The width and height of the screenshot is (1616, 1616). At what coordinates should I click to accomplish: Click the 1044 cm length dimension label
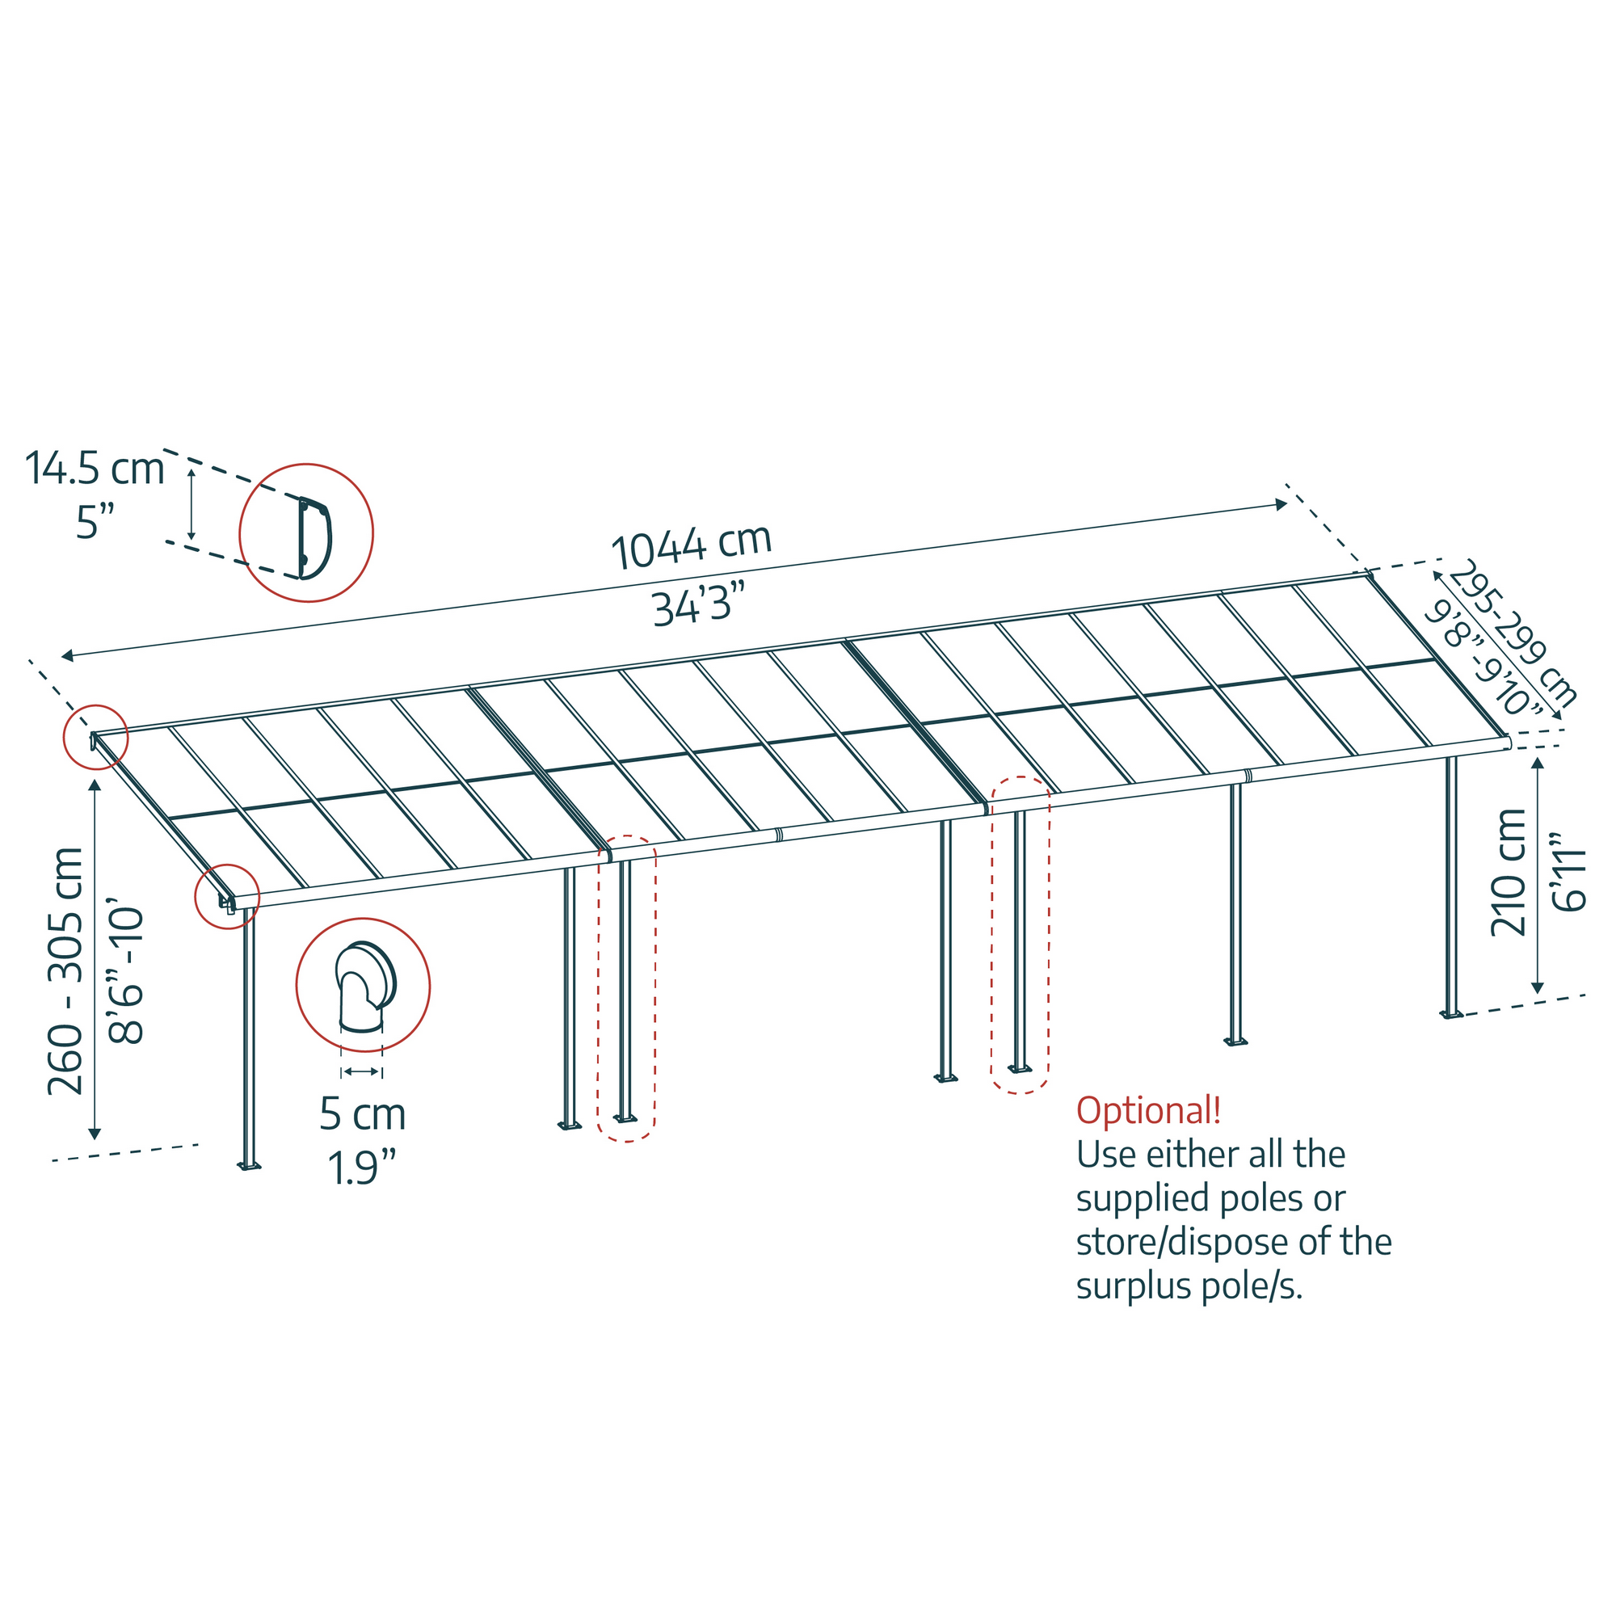point(691,547)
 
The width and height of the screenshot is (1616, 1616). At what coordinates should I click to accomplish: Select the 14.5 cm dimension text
point(95,468)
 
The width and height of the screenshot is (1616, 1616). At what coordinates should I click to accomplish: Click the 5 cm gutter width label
point(362,1115)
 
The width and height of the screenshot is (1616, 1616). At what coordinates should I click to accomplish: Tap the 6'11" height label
point(1569,873)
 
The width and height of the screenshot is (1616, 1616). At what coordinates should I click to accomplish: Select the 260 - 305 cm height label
point(65,971)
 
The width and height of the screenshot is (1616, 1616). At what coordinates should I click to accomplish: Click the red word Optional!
point(1147,1111)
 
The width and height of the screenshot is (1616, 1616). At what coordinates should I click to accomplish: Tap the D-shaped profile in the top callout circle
point(314,538)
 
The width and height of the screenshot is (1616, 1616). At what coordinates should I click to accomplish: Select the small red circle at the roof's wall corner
point(96,737)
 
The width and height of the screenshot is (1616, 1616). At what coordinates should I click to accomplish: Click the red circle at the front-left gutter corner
point(228,897)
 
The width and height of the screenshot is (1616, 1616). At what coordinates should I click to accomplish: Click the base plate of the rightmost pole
point(1452,1015)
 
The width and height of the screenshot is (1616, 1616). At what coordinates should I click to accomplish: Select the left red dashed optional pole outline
point(626,989)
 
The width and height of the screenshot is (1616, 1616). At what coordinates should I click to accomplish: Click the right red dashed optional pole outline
point(1020,934)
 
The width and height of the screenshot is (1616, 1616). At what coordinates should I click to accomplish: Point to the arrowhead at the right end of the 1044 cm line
point(1281,504)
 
